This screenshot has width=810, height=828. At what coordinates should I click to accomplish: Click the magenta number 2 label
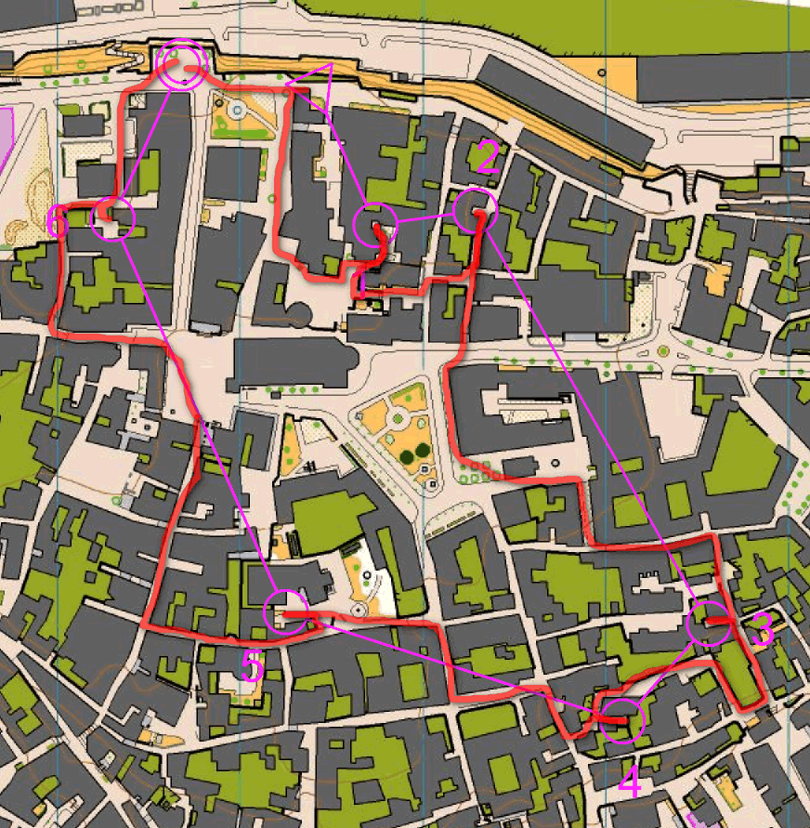pyautogui.click(x=486, y=159)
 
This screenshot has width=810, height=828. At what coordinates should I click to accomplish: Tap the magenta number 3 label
pyautogui.click(x=762, y=631)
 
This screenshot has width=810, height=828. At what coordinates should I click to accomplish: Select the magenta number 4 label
pyautogui.click(x=629, y=784)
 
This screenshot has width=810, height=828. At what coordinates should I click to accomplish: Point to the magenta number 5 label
pyautogui.click(x=253, y=666)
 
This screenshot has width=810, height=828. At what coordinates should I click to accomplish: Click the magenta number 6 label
pyautogui.click(x=58, y=222)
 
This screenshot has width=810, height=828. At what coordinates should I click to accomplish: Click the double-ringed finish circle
pyautogui.click(x=180, y=66)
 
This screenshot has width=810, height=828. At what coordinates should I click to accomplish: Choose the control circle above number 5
pyautogui.click(x=284, y=612)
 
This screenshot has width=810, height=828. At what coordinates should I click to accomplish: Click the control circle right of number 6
pyautogui.click(x=113, y=219)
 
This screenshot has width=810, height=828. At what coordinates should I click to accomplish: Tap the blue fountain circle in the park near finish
pyautogui.click(x=237, y=112)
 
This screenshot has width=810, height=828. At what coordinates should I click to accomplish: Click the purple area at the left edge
pyautogui.click(x=5, y=135)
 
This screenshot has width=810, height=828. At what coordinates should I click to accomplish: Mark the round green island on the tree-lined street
pyautogui.click(x=663, y=351)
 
